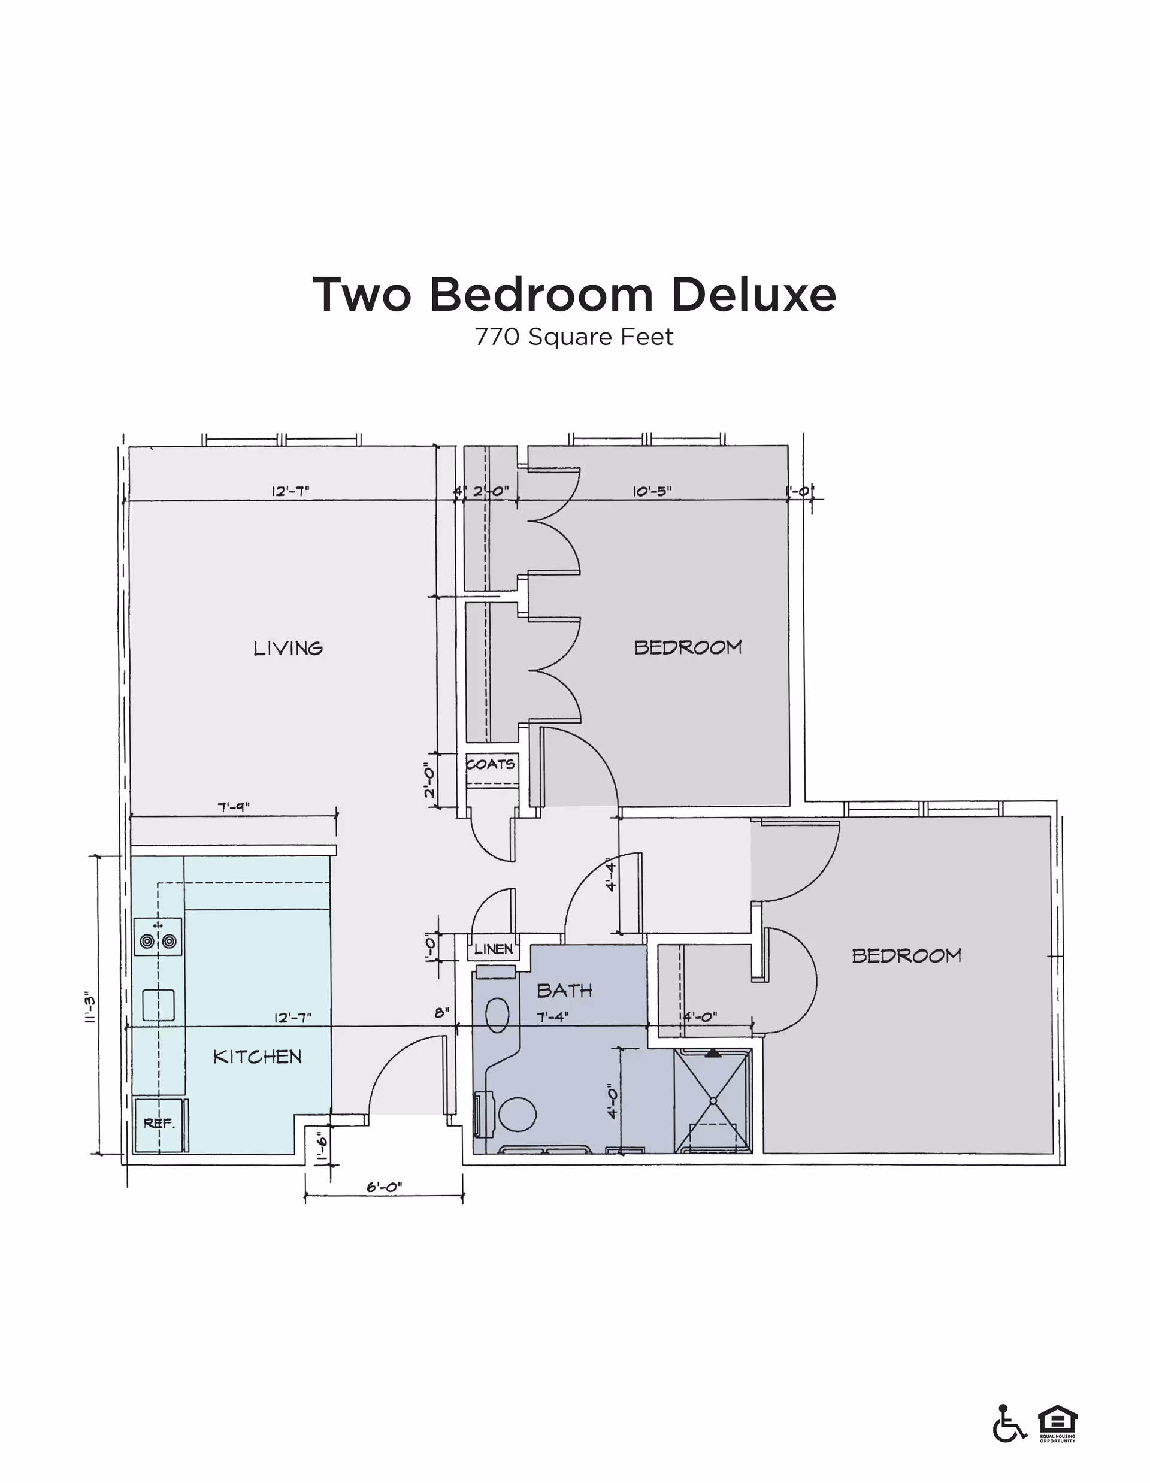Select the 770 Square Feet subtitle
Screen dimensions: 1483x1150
(574, 337)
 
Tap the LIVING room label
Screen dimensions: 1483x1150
(288, 649)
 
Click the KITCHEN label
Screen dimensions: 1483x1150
(258, 1057)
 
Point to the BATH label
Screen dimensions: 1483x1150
(564, 991)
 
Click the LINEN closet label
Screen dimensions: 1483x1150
(494, 949)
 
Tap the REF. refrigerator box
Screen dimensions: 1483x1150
(159, 1124)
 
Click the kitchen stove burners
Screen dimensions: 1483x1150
(158, 941)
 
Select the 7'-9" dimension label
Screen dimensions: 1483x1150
(234, 807)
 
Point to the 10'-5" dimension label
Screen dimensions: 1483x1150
(652, 491)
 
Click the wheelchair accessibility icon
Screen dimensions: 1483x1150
(1009, 1423)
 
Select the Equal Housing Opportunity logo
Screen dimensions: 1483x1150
(1057, 1421)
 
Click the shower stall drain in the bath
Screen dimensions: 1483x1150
(713, 1100)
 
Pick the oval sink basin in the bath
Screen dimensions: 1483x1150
(498, 1015)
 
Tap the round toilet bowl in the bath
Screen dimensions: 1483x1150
(517, 1113)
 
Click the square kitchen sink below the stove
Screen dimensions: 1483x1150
(158, 1005)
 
